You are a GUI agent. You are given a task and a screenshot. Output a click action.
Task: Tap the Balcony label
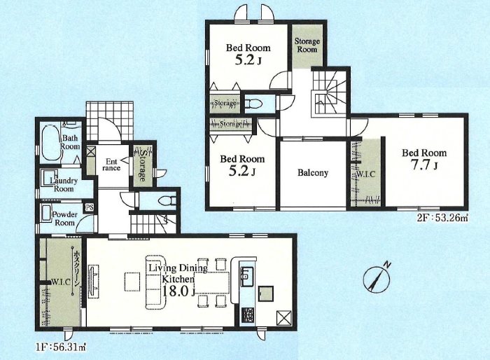click(313, 173)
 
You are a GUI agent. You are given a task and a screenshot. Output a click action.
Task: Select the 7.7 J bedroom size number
click(424, 165)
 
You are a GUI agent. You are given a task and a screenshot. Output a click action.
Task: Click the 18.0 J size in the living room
click(178, 291)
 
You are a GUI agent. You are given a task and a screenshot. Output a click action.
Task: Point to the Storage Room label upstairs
click(307, 45)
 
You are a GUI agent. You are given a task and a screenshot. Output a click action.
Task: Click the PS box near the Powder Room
click(90, 207)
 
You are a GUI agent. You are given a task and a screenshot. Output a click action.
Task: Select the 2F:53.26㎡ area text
click(442, 218)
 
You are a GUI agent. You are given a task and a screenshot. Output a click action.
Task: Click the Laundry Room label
click(64, 185)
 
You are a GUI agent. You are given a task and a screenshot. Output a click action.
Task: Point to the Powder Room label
click(64, 219)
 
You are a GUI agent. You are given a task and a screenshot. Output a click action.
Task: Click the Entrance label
click(111, 165)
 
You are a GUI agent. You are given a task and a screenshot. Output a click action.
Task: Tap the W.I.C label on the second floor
click(365, 174)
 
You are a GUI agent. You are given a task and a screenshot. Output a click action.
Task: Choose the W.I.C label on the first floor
click(60, 282)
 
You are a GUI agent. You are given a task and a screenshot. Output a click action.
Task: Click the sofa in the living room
click(155, 282)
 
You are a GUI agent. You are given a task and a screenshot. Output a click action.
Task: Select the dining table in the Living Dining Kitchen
click(211, 282)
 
